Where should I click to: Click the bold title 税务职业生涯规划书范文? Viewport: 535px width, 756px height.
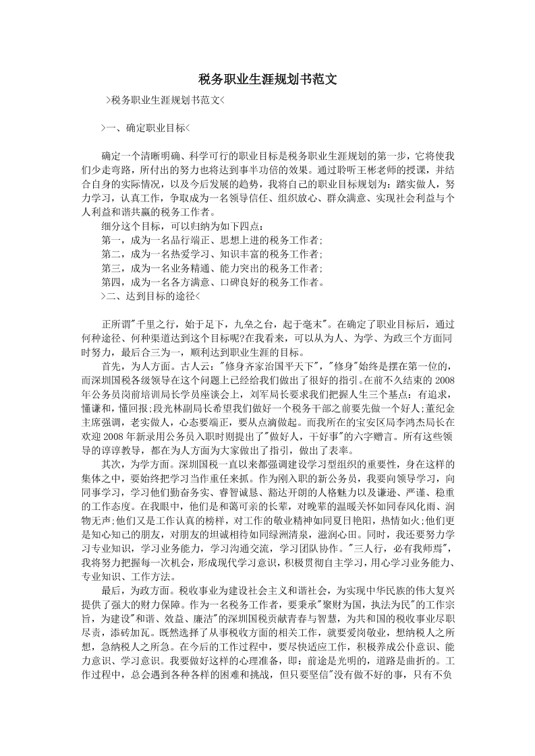(267, 80)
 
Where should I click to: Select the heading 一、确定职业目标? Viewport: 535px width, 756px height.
(145, 127)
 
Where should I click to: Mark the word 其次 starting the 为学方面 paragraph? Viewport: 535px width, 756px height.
(112, 464)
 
